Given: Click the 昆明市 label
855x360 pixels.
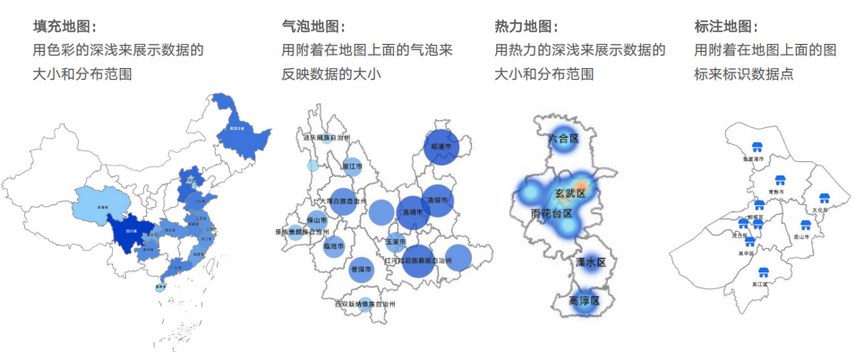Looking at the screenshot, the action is point(414,213).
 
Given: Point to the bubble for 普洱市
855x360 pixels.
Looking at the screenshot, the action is point(362,268).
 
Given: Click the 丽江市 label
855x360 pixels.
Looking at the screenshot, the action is point(352,166).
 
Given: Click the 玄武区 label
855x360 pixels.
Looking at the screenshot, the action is point(569,193).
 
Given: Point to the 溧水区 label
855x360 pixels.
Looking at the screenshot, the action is point(591,262).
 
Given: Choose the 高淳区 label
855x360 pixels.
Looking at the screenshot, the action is point(588,301).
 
